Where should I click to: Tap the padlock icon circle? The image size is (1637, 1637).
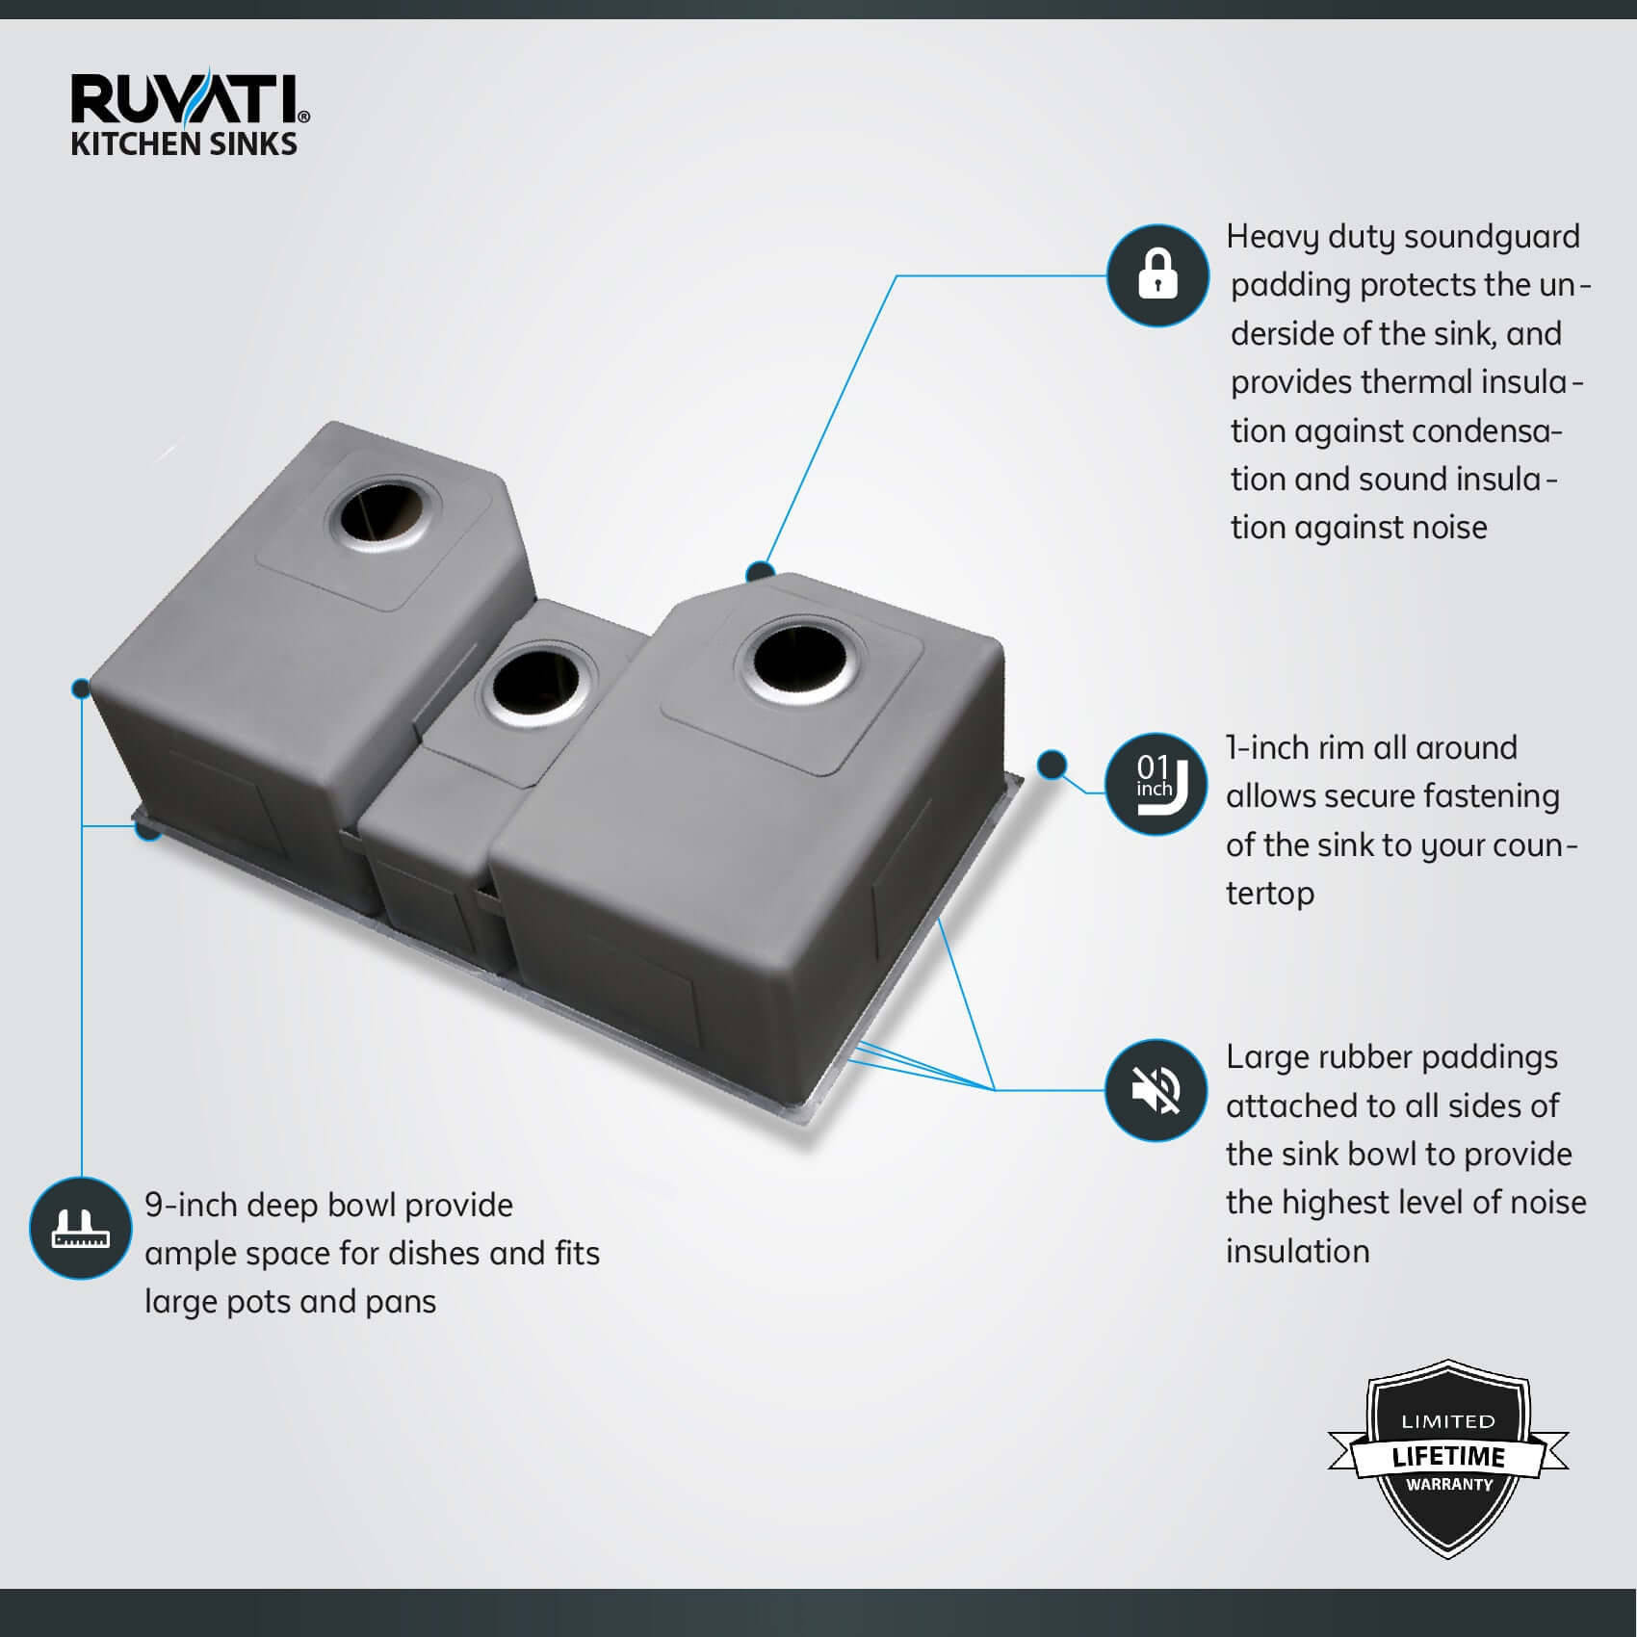pos(1157,275)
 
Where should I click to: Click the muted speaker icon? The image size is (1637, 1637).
pos(1156,1089)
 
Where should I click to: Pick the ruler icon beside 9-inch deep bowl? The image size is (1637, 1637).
pos(81,1228)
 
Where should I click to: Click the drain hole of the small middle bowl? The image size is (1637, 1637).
pos(535,687)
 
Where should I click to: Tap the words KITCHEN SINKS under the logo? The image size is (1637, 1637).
pos(184,144)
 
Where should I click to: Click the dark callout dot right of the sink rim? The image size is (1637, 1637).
pos(1052,765)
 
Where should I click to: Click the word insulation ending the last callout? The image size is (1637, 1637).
pos(1298,1252)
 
